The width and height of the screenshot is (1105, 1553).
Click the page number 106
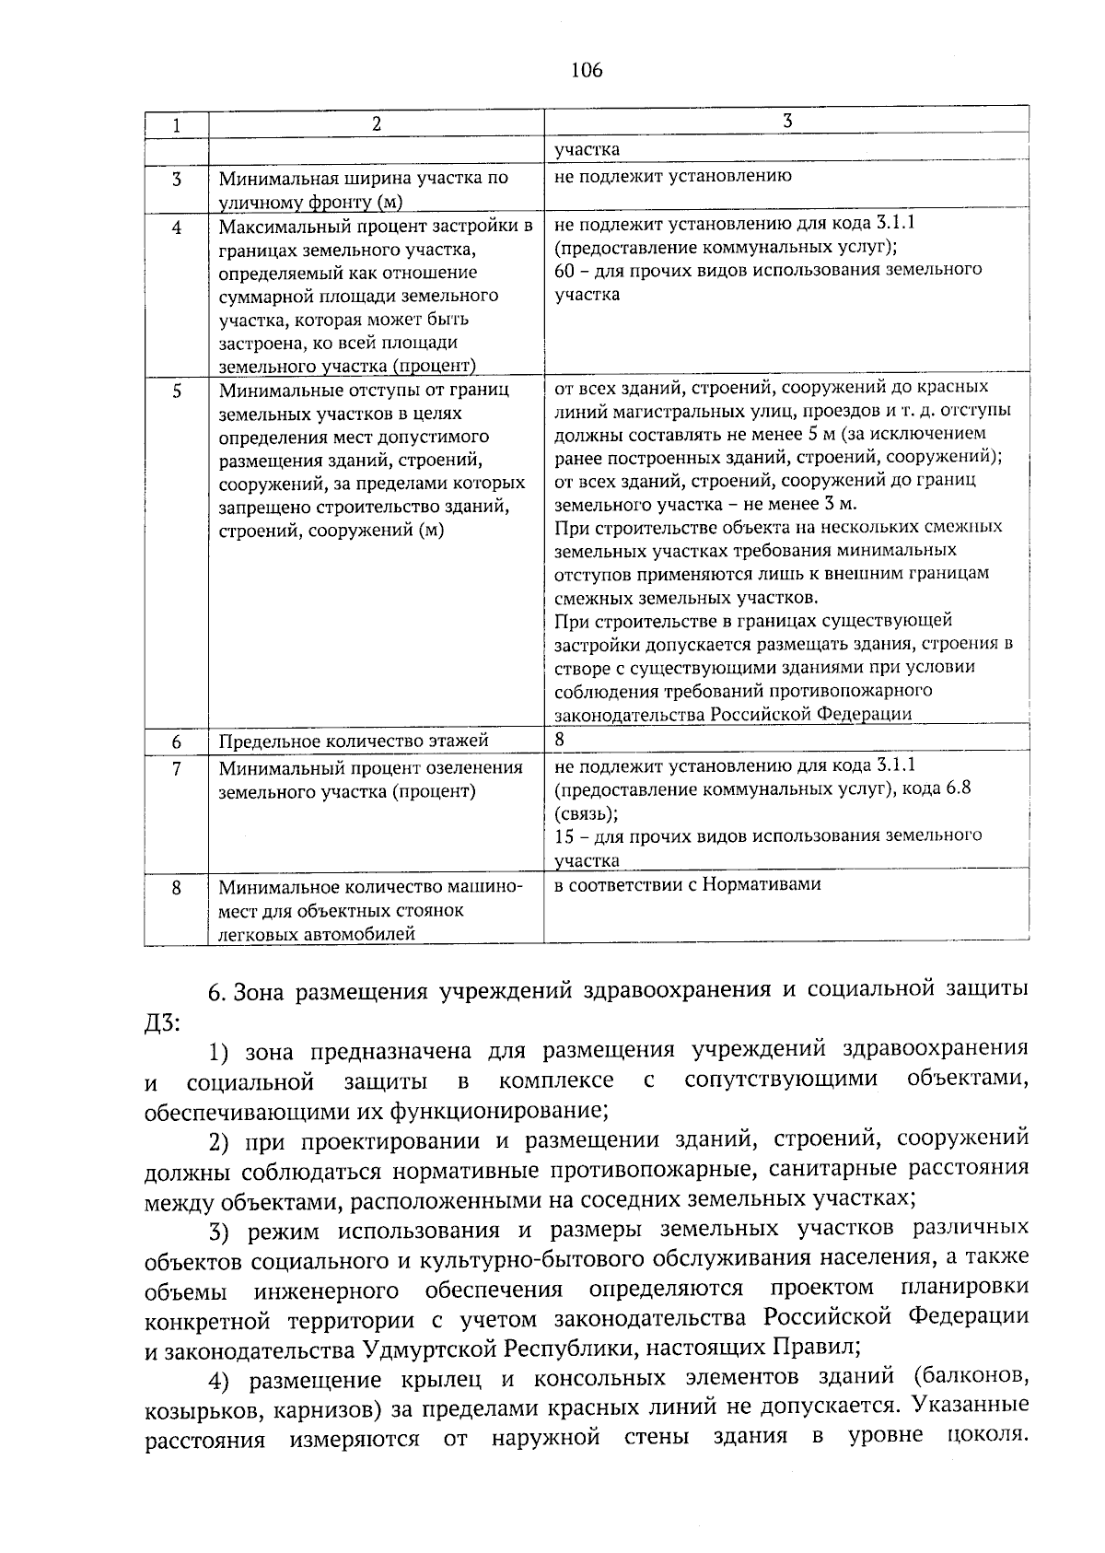pos(587,70)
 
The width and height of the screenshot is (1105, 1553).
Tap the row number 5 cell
pos(176,391)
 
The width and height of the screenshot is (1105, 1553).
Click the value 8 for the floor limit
pos(560,739)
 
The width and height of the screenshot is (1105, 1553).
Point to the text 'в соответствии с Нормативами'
pos(687,884)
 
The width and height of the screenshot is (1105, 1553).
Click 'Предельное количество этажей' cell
pos(354,741)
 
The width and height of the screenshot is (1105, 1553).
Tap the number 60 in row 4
pos(564,270)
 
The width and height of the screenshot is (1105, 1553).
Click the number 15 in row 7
pos(564,835)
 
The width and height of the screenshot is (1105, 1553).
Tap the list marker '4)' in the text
pos(225,1379)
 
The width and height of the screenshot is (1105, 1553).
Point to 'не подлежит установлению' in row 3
pos(673,175)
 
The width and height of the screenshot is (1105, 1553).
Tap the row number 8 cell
pos(176,887)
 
